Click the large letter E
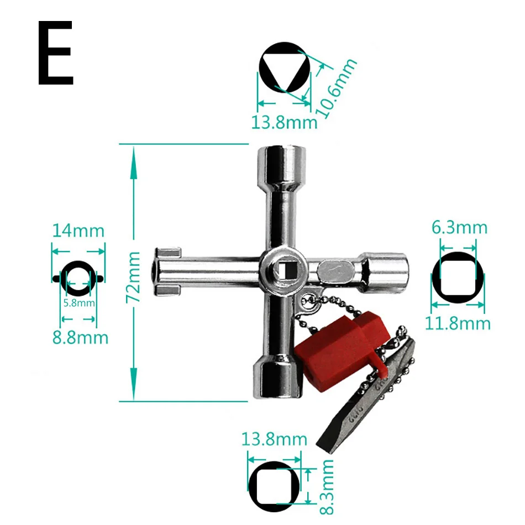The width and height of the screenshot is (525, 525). pyautogui.click(x=55, y=54)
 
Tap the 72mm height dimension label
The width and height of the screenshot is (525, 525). pyautogui.click(x=134, y=277)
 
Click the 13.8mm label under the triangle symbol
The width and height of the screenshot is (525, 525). pyautogui.click(x=284, y=122)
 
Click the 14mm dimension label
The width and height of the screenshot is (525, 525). pyautogui.click(x=78, y=230)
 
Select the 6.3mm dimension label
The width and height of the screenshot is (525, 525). pyautogui.click(x=459, y=227)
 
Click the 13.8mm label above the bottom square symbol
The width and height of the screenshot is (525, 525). pyautogui.click(x=274, y=439)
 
